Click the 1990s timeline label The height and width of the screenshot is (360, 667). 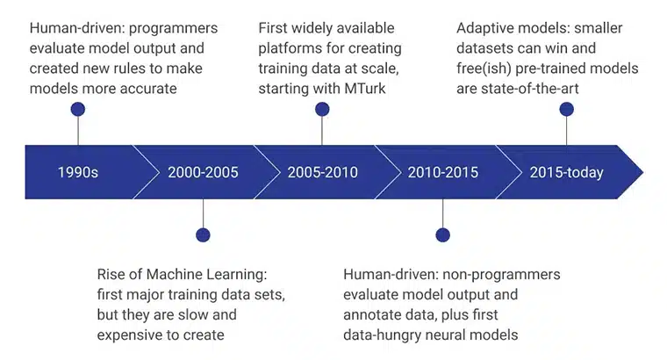click(x=78, y=172)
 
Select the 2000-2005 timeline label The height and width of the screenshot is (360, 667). click(x=204, y=172)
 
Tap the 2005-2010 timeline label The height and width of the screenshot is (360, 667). click(x=322, y=172)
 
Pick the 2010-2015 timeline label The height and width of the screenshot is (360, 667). click(x=442, y=172)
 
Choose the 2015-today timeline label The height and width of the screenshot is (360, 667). click(x=566, y=172)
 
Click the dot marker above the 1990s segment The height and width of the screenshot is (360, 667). click(x=78, y=110)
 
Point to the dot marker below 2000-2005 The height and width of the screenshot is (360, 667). click(x=204, y=234)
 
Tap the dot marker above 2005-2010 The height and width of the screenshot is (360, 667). click(x=322, y=110)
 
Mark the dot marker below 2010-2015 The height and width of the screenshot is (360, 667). click(x=442, y=234)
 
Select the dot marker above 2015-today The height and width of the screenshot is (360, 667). click(x=566, y=110)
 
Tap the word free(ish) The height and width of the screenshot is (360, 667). click(x=485, y=68)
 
